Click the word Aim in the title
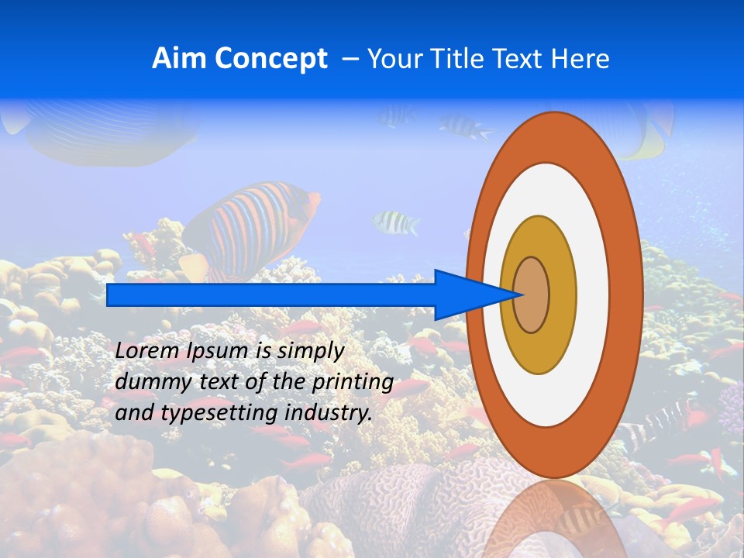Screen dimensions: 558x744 pos(179,59)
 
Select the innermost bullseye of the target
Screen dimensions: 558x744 pos(531,294)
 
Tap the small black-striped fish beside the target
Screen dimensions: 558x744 pos(395,223)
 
